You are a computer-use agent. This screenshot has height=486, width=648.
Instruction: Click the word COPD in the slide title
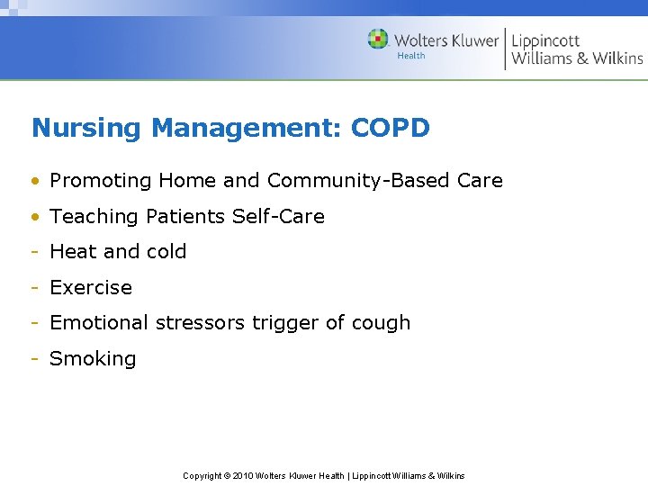coord(391,128)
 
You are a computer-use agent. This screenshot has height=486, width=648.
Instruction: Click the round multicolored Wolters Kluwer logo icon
coord(378,40)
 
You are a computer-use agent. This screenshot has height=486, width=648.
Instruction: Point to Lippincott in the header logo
coord(545,41)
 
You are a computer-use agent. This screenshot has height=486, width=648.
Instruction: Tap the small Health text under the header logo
coord(411,56)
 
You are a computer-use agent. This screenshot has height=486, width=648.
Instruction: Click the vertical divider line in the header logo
coord(505,49)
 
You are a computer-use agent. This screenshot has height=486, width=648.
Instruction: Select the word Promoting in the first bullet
coord(101,181)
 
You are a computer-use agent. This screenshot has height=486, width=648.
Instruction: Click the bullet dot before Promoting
coord(34,181)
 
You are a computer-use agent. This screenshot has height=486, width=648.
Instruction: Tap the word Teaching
coord(91,217)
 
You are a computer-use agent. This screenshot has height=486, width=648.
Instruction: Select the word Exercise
coord(91,288)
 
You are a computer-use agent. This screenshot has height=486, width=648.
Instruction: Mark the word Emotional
coord(99,323)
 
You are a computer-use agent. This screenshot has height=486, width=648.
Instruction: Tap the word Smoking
coord(93,359)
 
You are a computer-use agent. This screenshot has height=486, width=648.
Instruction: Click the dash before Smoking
coord(34,359)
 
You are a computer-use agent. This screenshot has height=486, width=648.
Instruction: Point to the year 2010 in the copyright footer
coord(244,475)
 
